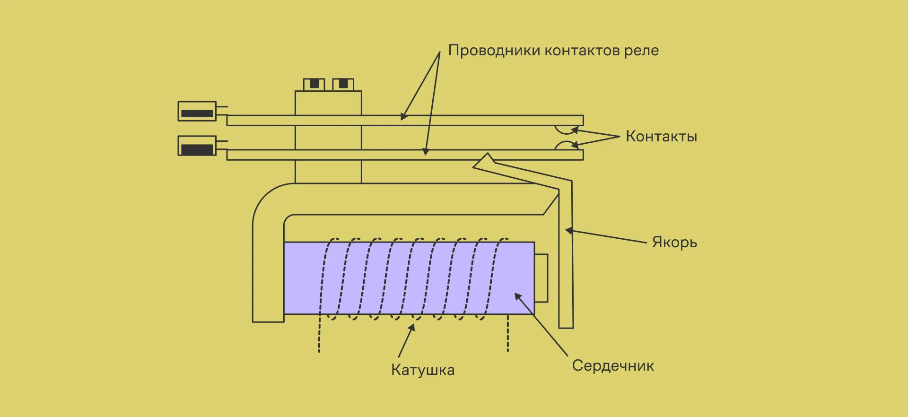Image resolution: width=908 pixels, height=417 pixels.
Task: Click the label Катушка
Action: tap(422, 370)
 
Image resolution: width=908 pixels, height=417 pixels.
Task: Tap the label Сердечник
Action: tap(613, 365)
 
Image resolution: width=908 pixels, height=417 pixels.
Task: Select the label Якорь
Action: tap(674, 242)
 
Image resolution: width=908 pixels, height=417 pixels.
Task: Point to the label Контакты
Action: tap(661, 137)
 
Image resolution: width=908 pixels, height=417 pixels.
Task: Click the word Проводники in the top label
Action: tap(494, 51)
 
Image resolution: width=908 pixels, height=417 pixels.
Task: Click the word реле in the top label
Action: tap(641, 51)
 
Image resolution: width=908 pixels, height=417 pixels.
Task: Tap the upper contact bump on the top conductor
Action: tap(566, 129)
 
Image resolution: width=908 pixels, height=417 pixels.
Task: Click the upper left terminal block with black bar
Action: tap(197, 111)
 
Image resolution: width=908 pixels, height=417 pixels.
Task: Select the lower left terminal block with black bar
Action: tap(197, 146)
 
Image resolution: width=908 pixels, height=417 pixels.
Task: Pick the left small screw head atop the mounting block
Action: tap(314, 85)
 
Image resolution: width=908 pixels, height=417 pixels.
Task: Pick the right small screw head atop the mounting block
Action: tap(343, 85)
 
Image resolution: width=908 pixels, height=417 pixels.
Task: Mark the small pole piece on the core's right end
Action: tap(541, 278)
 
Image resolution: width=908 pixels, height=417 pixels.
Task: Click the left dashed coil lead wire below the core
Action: tap(319, 336)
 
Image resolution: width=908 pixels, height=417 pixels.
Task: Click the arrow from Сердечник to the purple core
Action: tap(541, 324)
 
